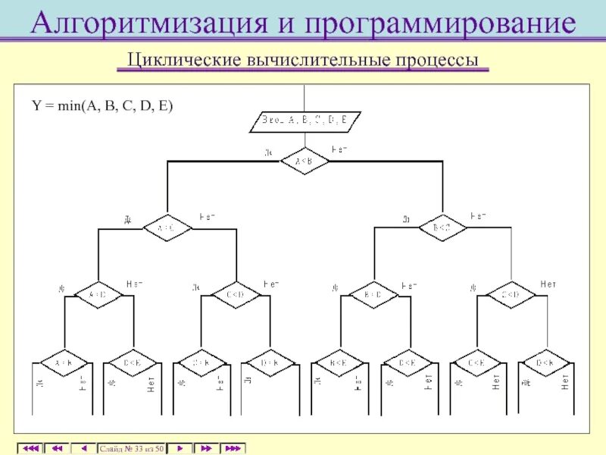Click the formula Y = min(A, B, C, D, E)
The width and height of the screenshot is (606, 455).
coord(102,106)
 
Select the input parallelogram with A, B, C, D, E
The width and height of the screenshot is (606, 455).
coord(305,121)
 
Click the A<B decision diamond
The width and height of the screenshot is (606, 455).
coord(305,161)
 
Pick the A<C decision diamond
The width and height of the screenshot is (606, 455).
coord(166,227)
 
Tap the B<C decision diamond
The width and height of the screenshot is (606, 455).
coord(442,227)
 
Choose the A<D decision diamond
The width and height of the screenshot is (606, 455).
coord(98,294)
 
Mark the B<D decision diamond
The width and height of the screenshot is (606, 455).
coord(373,294)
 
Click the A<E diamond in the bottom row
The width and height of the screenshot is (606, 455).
coord(64,362)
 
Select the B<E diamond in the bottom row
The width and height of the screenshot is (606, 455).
coord(339,362)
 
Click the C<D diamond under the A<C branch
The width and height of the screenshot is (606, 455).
coord(236,294)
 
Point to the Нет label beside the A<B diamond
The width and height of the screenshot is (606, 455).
coord(340,149)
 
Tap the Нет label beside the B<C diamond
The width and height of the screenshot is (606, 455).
coord(479,216)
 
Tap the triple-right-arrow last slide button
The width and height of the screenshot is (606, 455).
coord(233,449)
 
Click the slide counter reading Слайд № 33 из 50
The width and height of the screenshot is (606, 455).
coord(131,449)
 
